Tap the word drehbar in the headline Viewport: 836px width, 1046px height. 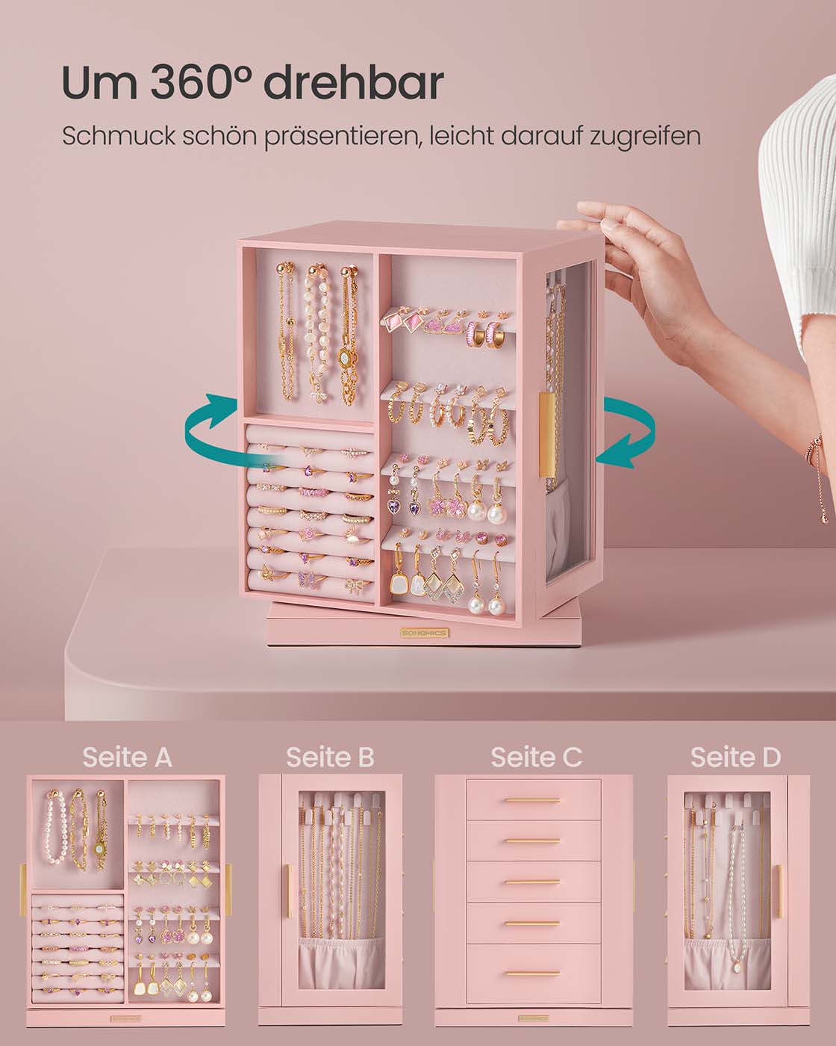354,82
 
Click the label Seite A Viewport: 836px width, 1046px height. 128,757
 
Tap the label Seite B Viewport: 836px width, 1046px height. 330,757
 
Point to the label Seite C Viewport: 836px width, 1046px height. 536,757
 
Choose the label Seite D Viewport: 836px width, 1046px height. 735,757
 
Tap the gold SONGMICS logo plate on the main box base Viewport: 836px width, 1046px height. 425,633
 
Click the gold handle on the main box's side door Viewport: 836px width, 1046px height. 547,436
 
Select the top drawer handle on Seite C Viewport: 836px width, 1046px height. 533,800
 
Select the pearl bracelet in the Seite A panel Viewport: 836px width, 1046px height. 55,828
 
